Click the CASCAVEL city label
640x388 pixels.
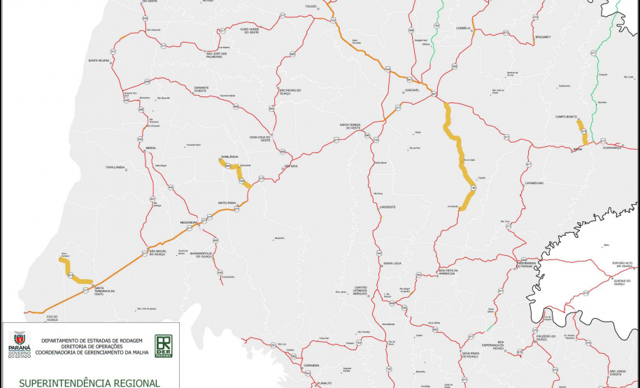411,91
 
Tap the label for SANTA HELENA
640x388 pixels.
98,61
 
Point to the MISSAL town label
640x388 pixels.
151,148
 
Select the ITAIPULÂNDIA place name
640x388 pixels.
115,168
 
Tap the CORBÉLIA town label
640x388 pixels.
463,28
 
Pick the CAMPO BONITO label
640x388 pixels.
566,117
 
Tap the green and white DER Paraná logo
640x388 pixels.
164,345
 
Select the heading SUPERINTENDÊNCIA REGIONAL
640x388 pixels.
90,382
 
